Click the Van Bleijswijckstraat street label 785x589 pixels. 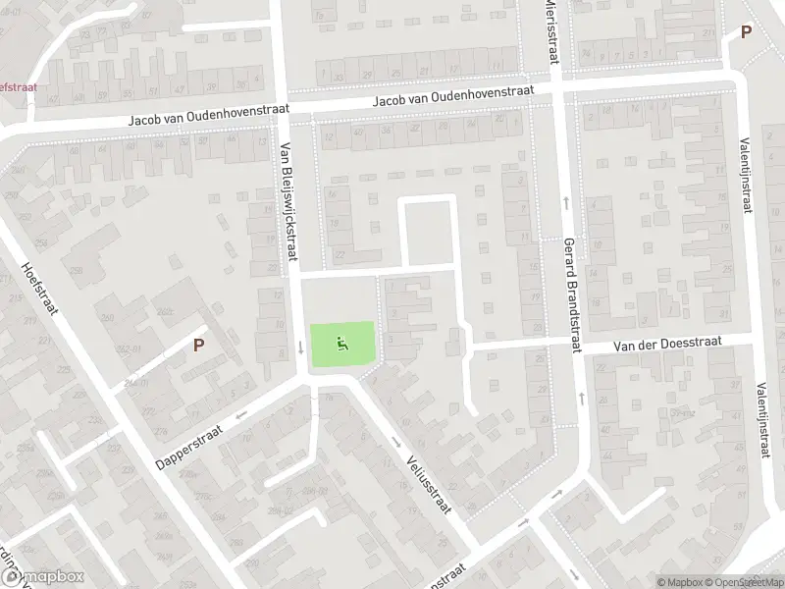[288, 202]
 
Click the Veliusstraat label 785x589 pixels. [429, 480]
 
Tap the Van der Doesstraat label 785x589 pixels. [667, 343]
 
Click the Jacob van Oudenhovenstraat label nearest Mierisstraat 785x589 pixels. [452, 94]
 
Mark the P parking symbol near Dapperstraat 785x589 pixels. [199, 345]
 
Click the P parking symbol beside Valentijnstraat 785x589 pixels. [746, 31]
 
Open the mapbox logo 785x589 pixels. [44, 577]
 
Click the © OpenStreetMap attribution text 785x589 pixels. [745, 581]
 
